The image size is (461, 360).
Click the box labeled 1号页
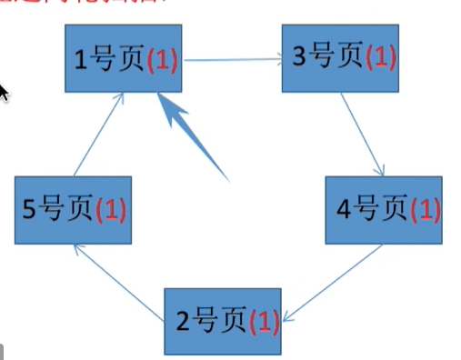click(124, 59)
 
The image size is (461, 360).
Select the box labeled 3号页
click(339, 60)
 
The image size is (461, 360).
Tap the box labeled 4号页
click(384, 210)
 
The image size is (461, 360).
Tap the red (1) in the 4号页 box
click(425, 211)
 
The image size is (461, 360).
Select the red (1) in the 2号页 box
click(262, 322)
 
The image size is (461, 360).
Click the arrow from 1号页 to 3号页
click(232, 61)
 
